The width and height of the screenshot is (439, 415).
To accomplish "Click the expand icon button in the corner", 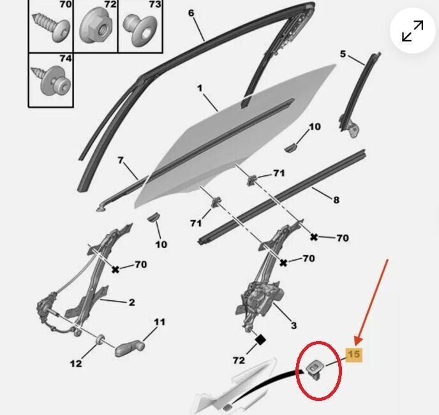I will (413, 33).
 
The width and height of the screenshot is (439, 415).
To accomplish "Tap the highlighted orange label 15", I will (353, 355).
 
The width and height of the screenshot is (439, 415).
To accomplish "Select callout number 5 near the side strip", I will (343, 54).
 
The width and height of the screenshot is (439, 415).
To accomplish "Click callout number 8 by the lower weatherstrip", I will (336, 200).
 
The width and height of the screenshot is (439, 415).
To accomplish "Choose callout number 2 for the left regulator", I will (131, 302).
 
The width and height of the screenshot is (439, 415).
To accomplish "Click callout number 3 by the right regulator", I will (294, 325).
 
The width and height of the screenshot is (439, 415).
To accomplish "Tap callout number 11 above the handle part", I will (159, 322).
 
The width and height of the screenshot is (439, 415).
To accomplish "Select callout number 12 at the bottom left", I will (76, 363).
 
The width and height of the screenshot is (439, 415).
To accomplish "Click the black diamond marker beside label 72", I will (260, 340).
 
